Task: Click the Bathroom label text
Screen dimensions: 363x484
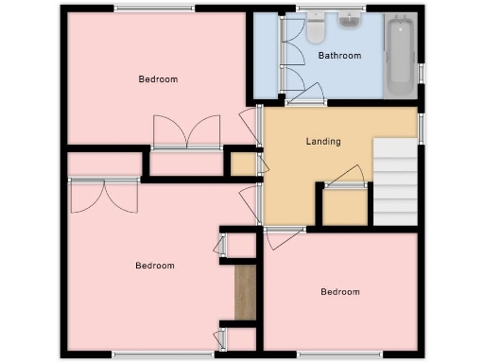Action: [339, 56]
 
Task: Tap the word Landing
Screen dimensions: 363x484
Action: [323, 142]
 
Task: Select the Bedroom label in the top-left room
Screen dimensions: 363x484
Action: [158, 79]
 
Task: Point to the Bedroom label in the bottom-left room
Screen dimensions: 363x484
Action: [154, 266]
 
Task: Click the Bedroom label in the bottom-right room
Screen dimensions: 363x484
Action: [339, 292]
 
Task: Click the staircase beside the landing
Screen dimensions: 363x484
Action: [396, 181]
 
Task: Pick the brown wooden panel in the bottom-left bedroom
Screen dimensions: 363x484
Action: [246, 292]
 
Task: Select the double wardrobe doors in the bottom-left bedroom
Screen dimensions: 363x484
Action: [104, 196]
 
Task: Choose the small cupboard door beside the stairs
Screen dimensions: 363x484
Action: [347, 177]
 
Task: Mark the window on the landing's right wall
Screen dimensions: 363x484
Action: [422, 125]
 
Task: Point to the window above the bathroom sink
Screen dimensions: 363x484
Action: [345, 9]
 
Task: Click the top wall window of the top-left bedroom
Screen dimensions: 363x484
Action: [155, 9]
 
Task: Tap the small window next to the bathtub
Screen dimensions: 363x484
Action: [422, 73]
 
